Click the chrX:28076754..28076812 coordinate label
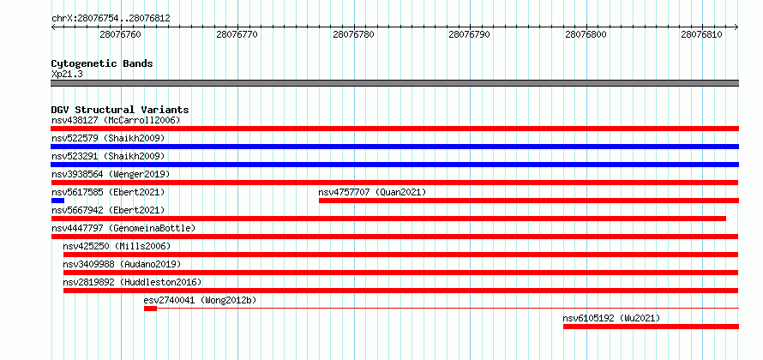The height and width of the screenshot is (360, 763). pos(111,19)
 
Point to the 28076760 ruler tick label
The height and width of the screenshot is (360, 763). pos(120,34)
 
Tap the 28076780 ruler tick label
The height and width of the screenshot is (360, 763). pos(353,34)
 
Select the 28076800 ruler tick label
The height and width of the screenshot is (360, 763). pos(586,34)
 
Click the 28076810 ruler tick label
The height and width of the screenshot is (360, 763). pos(701,34)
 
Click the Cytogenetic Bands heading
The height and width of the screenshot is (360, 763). pos(102,63)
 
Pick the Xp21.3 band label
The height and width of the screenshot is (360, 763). pos(66,74)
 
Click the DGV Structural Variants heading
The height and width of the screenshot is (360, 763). pos(120,110)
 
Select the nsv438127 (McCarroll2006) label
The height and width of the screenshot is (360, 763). pos(116,120)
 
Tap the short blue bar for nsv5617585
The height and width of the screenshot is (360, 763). pos(57,201)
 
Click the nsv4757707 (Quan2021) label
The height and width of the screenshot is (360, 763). pos(372,192)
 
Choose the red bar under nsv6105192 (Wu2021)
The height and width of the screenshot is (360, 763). pos(651,327)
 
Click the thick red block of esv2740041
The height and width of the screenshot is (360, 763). pos(150,309)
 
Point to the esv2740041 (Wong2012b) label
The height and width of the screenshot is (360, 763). pos(200,300)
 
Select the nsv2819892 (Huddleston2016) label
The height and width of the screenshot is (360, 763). pos(132,282)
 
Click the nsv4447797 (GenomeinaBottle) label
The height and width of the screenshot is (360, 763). pos(123,228)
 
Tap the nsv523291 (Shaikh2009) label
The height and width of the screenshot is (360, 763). pos(108,156)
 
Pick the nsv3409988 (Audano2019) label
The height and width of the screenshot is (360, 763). pos(122,264)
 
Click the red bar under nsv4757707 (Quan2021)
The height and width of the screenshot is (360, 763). pos(529,201)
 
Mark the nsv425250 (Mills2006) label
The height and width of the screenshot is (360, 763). pos(117,246)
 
